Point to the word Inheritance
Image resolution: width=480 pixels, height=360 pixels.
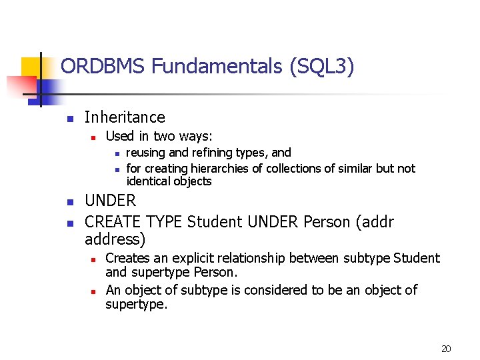125,117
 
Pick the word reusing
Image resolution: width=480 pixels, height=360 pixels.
146,153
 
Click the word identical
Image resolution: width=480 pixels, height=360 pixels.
149,181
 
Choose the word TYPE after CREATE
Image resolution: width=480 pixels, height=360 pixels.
165,221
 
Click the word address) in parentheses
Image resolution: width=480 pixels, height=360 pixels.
115,239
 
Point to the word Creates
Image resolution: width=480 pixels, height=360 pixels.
127,258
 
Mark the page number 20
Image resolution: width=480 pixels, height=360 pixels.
446,349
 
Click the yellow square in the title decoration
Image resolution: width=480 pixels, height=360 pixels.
31,67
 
